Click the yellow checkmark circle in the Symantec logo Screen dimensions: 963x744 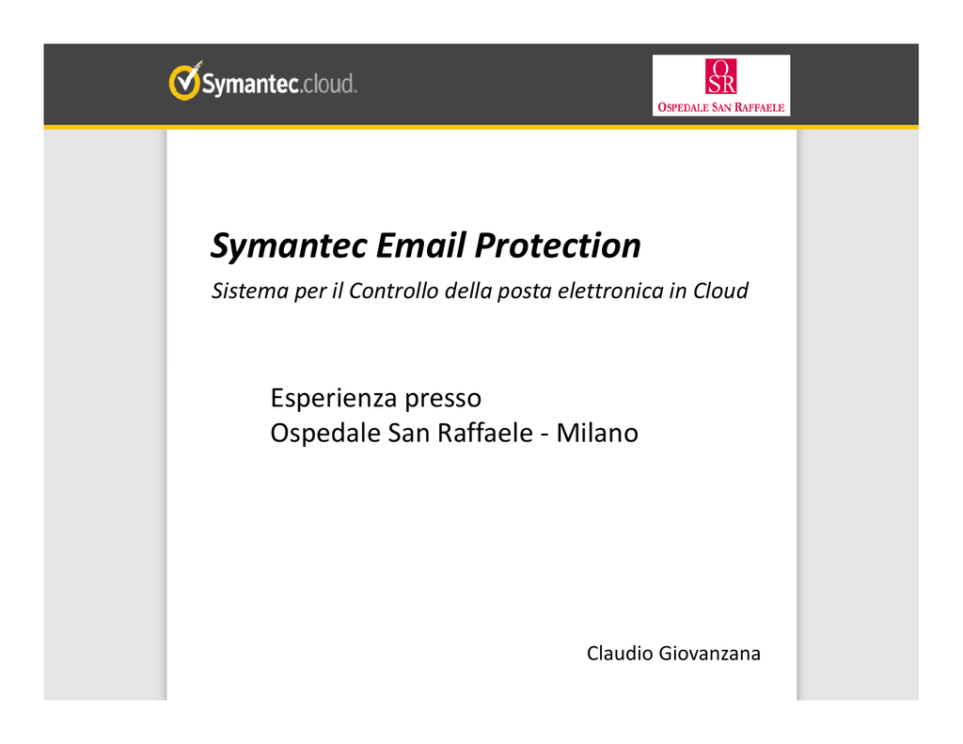[184, 82]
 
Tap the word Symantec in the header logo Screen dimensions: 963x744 [250, 84]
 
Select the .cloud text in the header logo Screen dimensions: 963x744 [328, 84]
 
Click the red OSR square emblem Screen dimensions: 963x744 [720, 76]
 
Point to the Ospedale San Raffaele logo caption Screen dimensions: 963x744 [721, 107]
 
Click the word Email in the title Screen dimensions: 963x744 [420, 245]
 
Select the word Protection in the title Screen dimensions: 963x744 [558, 245]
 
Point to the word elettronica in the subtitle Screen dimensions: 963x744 [609, 291]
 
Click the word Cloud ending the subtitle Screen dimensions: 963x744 [720, 291]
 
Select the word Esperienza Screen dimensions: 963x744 [333, 398]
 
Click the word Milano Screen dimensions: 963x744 [597, 433]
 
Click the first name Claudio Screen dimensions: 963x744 [620, 653]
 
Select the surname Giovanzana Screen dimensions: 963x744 [709, 653]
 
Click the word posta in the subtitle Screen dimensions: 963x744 [524, 292]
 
